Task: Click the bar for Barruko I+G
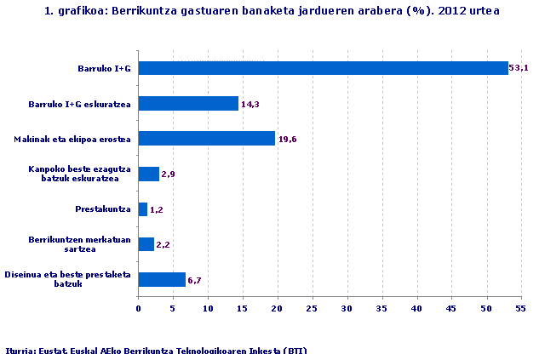point(323,68)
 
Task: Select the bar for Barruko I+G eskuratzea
point(188,104)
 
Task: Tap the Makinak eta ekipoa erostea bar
point(206,139)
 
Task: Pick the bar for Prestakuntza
point(143,209)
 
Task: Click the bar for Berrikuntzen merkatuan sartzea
point(146,244)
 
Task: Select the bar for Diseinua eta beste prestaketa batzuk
point(162,279)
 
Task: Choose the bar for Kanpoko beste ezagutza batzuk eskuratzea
point(149,174)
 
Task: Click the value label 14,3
point(250,104)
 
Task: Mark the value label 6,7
point(195,280)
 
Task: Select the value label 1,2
point(157,210)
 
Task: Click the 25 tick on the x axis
point(312,308)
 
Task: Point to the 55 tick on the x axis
point(520,308)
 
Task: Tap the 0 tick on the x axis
point(138,308)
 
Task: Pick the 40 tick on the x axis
point(416,308)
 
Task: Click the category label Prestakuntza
point(103,209)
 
